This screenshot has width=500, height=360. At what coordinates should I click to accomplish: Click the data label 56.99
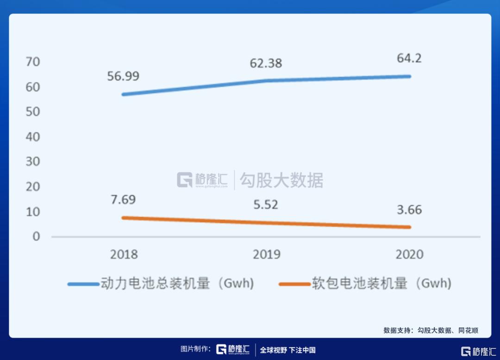click(124, 76)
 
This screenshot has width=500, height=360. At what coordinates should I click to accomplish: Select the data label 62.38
click(266, 63)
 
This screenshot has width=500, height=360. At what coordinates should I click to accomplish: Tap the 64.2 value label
click(409, 59)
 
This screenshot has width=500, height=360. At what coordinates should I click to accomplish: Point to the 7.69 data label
click(123, 200)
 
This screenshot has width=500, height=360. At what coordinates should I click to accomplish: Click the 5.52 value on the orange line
click(266, 204)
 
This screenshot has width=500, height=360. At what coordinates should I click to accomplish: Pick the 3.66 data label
click(409, 209)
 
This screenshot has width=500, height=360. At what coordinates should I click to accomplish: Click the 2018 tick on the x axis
click(124, 254)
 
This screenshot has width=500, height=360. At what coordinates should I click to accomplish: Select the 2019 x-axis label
click(266, 254)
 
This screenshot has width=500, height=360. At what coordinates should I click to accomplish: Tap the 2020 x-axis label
click(409, 254)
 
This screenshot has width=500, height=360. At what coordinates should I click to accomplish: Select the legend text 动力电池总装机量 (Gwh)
click(177, 284)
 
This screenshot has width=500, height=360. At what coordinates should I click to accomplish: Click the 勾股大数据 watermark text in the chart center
click(281, 180)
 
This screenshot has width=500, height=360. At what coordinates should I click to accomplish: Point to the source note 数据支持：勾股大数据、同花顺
click(431, 330)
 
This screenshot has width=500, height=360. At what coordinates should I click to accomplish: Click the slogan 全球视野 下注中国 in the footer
click(287, 350)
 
